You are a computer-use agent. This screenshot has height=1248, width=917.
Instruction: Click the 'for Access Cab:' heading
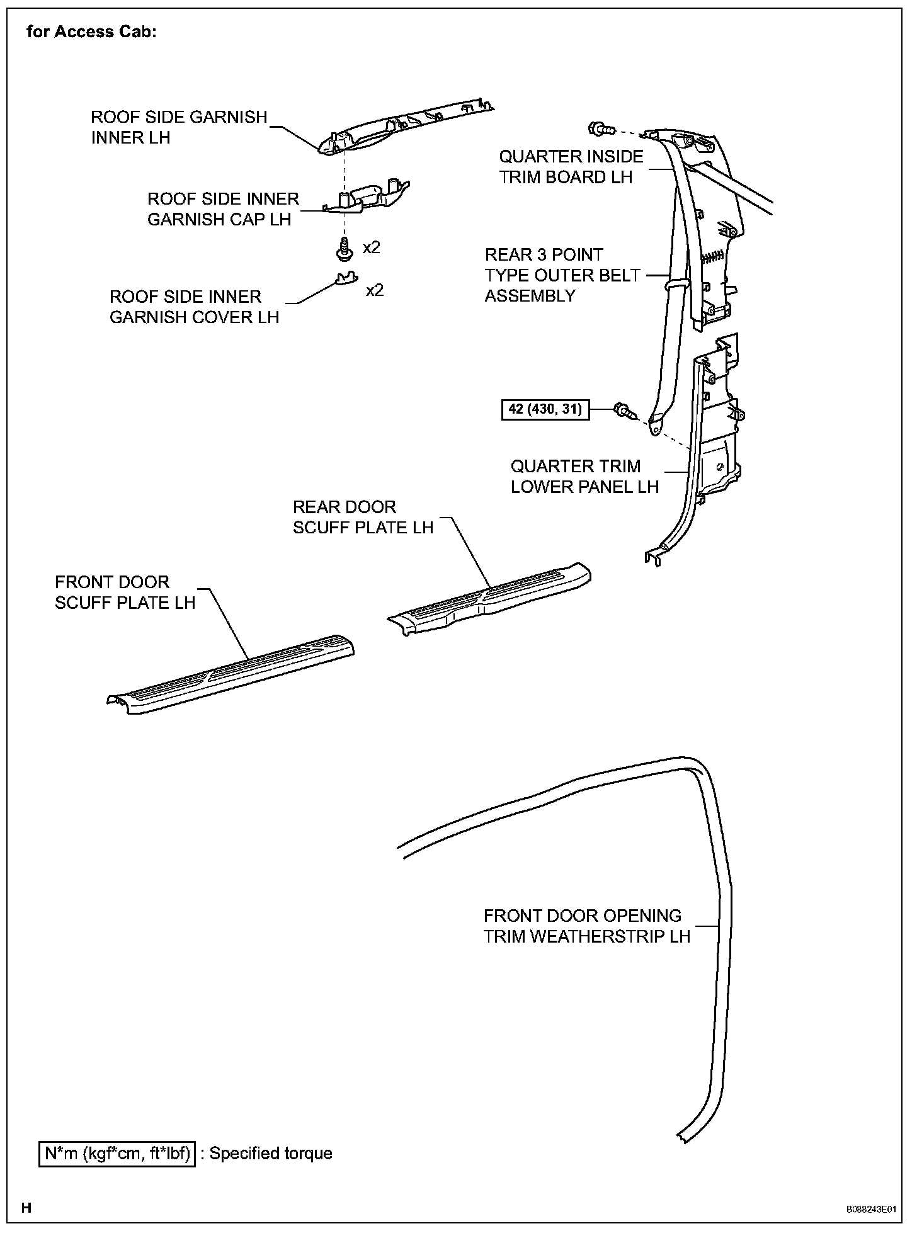click(x=91, y=32)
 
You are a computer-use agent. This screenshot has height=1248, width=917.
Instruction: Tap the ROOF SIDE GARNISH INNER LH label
click(x=179, y=127)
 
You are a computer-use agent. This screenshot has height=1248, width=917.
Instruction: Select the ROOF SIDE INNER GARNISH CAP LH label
click(x=222, y=209)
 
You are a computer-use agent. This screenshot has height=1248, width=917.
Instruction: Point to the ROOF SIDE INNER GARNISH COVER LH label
click(x=194, y=307)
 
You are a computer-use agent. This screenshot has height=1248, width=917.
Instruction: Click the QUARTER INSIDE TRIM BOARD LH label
click(x=571, y=167)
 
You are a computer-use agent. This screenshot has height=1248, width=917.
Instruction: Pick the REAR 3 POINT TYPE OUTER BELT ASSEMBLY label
click(x=562, y=275)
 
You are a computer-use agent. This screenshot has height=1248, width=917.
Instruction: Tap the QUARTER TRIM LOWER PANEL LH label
click(x=584, y=477)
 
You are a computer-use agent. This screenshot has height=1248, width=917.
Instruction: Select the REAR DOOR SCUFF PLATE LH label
click(x=363, y=517)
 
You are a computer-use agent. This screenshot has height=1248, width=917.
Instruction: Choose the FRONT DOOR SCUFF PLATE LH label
click(x=125, y=592)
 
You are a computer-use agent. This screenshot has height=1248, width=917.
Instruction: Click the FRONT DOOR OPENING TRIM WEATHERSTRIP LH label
click(x=586, y=926)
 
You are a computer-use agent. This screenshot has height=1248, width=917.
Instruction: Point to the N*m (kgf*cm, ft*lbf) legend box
click(x=117, y=1153)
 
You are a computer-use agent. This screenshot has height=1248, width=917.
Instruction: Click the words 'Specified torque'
click(x=271, y=1153)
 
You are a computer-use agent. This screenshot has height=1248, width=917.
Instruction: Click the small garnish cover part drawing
click(x=345, y=278)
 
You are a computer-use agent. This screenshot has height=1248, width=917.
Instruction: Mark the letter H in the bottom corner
click(x=26, y=1207)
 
